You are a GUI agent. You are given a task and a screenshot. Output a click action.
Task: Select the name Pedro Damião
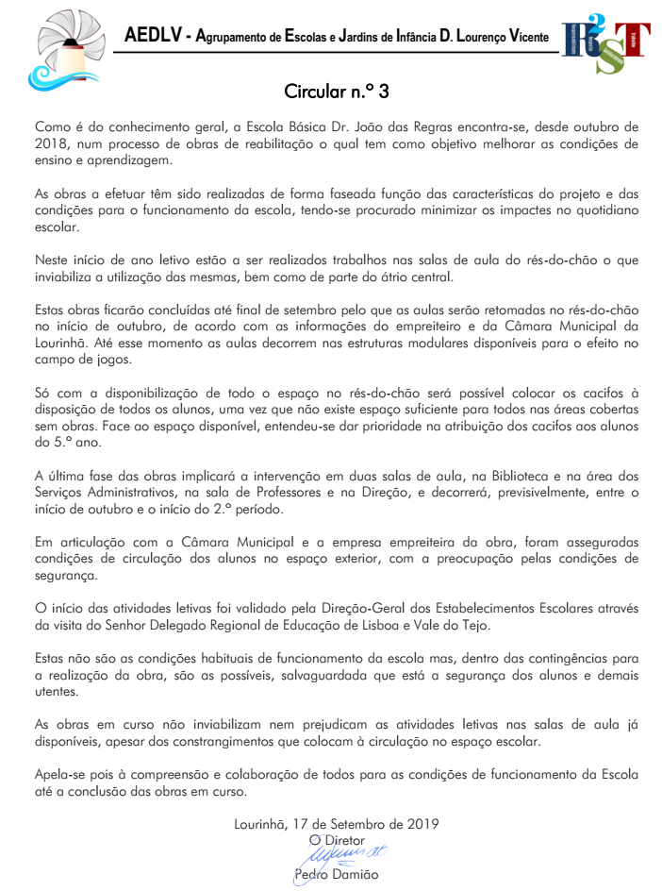(x=336, y=875)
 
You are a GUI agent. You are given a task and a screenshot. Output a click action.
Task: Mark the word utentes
(x=58, y=692)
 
